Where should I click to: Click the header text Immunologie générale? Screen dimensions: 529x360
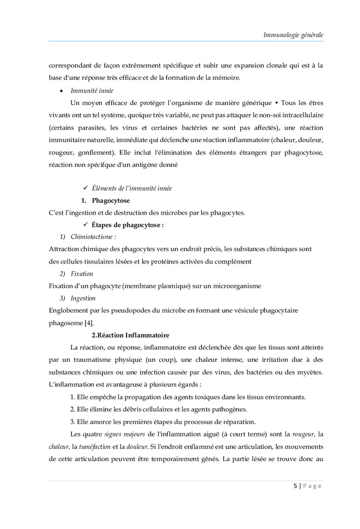[x=293, y=35]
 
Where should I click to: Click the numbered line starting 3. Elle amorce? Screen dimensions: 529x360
[x=163, y=421]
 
